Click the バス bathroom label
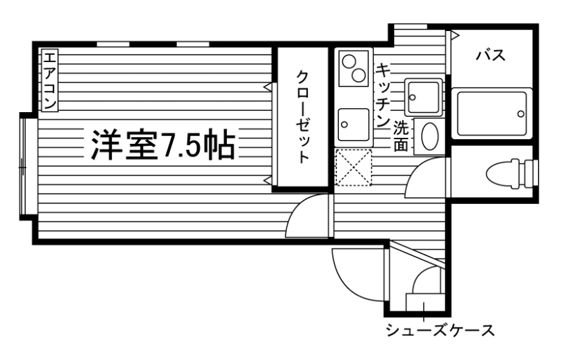(x=491, y=55)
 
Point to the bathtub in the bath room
(x=492, y=112)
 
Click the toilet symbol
(x=510, y=172)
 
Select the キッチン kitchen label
(x=385, y=95)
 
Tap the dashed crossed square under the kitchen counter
(x=354, y=167)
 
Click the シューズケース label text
(x=439, y=331)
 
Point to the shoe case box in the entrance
(x=423, y=301)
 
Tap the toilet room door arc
(x=425, y=177)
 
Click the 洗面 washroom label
(x=402, y=135)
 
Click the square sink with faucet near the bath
(x=423, y=97)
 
